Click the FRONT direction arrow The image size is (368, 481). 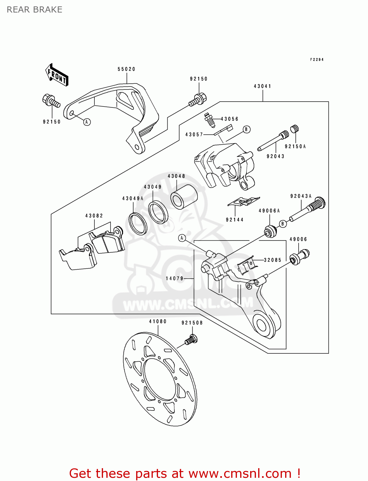point(57,75)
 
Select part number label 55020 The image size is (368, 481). point(127,69)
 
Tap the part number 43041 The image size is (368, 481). point(262,86)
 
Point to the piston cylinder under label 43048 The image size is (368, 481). point(184,197)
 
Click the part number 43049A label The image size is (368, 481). point(133,198)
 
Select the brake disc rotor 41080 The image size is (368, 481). point(160,380)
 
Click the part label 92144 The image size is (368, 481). point(234,220)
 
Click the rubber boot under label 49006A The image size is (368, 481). point(270,231)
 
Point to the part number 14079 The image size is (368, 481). point(174,278)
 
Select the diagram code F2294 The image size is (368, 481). point(317,60)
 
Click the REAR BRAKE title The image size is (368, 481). point(34,10)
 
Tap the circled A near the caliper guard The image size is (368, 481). point(87,122)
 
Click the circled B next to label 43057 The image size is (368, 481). point(246,129)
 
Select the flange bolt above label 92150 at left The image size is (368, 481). point(51,101)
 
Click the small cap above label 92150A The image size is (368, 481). point(295,129)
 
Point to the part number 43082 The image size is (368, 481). point(94,216)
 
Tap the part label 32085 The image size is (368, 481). point(272,260)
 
